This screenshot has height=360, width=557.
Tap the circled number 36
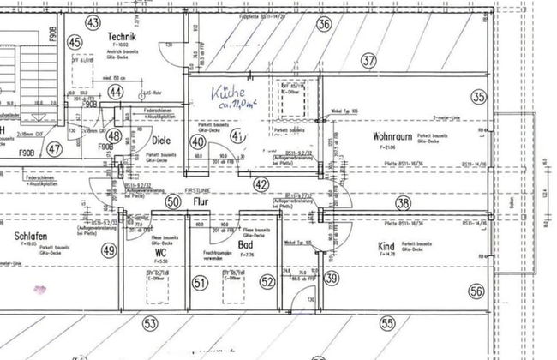pos(324,24)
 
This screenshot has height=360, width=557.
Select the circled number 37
pos(368,61)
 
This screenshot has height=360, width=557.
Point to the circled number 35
pos(478,97)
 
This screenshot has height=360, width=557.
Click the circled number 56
pos(476,291)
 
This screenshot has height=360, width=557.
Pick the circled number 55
pos(387,323)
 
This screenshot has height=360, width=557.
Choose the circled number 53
pos(151,323)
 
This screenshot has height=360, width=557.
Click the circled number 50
pos(174,202)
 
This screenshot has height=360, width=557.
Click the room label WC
pos(160,254)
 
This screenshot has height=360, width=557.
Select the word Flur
pos(202,202)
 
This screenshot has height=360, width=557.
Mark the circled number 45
pos(75,42)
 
